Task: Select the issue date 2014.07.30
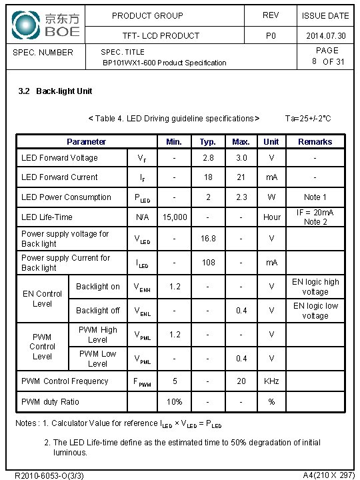[x=325, y=35]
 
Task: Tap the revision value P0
[x=271, y=35]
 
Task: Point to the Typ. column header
[x=208, y=141]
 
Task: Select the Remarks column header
[x=315, y=141]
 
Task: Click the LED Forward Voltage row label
[x=59, y=158]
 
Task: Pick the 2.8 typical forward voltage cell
[x=208, y=158]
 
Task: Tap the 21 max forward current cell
[x=241, y=177]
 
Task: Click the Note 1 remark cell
[x=315, y=197]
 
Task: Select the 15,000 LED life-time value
[x=175, y=217]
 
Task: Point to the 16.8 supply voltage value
[x=208, y=239]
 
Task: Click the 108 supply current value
[x=208, y=263]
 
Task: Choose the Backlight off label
[x=98, y=310]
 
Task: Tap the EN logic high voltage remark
[x=315, y=287]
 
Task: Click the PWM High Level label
[x=98, y=335]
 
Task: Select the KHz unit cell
[x=271, y=381]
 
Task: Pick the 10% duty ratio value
[x=175, y=402]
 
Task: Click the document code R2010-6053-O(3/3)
[x=49, y=475]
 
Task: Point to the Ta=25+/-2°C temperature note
[x=308, y=119]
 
